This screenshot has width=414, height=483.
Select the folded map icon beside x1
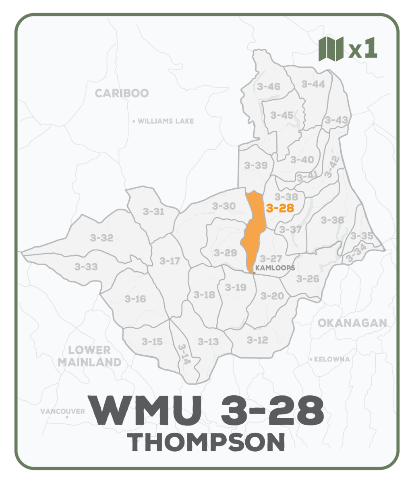[331, 49]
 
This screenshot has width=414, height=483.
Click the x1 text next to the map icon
[363, 49]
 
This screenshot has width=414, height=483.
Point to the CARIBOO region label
[122, 93]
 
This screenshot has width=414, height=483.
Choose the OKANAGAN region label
[352, 323]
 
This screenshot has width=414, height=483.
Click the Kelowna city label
[331, 359]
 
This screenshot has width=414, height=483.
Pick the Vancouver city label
[63, 411]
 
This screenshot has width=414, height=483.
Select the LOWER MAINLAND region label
[89, 356]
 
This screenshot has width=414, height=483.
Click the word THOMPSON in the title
[208, 443]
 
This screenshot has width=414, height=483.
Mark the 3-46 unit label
[269, 87]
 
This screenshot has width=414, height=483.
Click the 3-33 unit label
[86, 266]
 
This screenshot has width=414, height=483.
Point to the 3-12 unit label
[257, 340]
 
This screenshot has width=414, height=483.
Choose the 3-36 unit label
[333, 220]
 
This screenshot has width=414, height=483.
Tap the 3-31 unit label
[153, 212]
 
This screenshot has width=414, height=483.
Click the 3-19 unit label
[236, 287]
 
